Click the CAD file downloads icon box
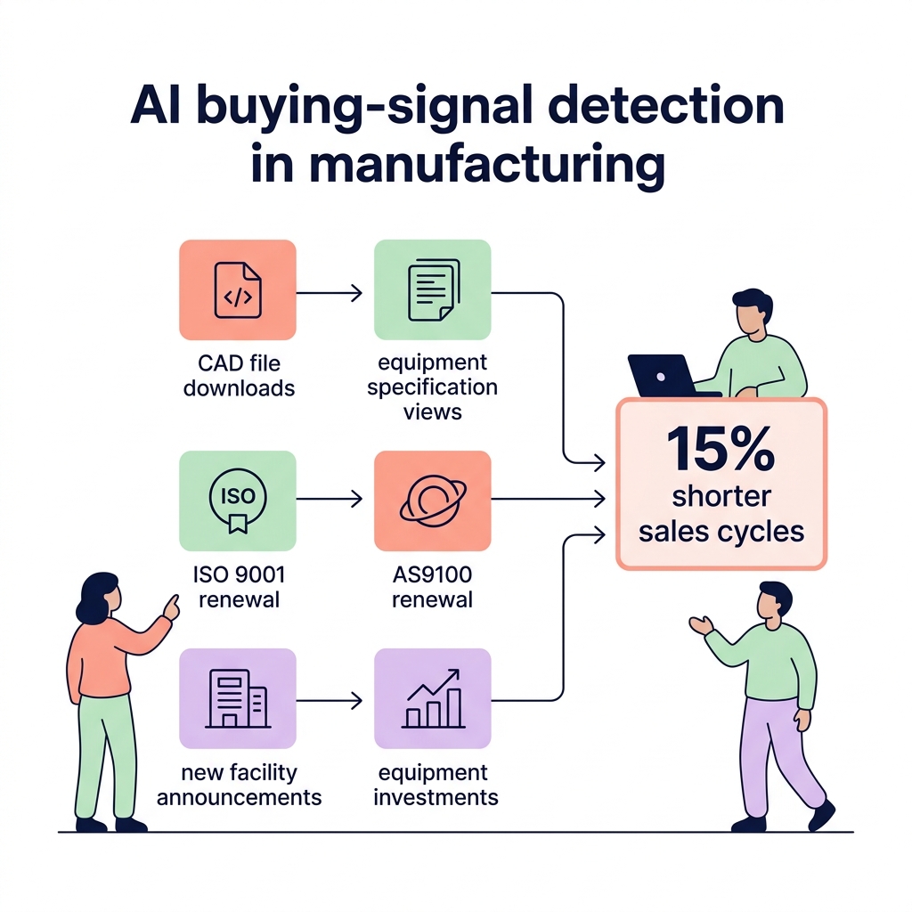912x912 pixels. pos(237,290)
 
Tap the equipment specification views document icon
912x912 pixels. pos(432,290)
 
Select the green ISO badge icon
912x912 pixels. pos(237,501)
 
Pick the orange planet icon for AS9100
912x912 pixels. pos(432,501)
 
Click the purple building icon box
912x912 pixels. pos(237,698)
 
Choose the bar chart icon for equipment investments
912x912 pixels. pos(432,698)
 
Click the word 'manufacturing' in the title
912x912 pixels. pos(457,166)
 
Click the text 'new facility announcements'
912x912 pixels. pos(239,785)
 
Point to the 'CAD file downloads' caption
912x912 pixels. pos(239,376)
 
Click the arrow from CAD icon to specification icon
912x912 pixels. pos(330,291)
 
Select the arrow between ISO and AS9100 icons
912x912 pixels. pos(330,501)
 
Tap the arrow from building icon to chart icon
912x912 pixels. pos(330,699)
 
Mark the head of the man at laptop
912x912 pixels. pos(750,313)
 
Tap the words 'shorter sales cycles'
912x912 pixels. pos(721,513)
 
